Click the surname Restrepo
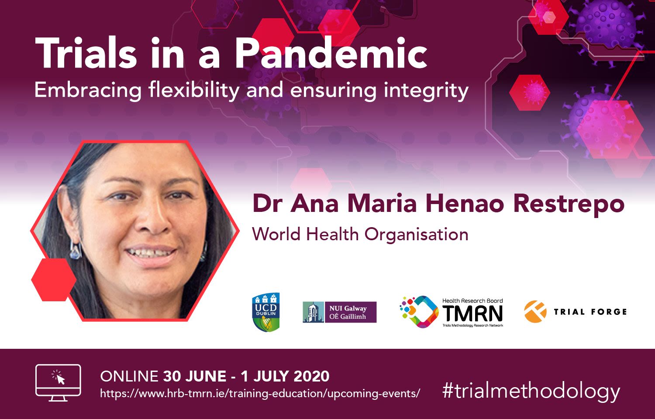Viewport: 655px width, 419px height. coord(569,204)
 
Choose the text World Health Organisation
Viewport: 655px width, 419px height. coord(360,235)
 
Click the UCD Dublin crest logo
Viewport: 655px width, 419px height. coord(266,312)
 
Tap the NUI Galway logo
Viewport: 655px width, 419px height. coord(339,312)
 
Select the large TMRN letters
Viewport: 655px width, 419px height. coord(472,313)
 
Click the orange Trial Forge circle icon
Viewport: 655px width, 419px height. coord(535,312)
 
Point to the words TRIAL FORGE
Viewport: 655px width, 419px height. coord(590,312)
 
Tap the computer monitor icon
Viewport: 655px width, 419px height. coord(58,383)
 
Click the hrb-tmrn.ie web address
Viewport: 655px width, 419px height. coord(260,393)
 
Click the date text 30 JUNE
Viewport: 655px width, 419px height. coord(195,376)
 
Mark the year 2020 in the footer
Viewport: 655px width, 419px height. coord(312,376)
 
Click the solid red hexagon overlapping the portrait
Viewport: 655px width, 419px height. coord(54,279)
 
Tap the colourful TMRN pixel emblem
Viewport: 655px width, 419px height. coord(419,312)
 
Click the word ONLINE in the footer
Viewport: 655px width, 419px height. coord(129,376)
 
